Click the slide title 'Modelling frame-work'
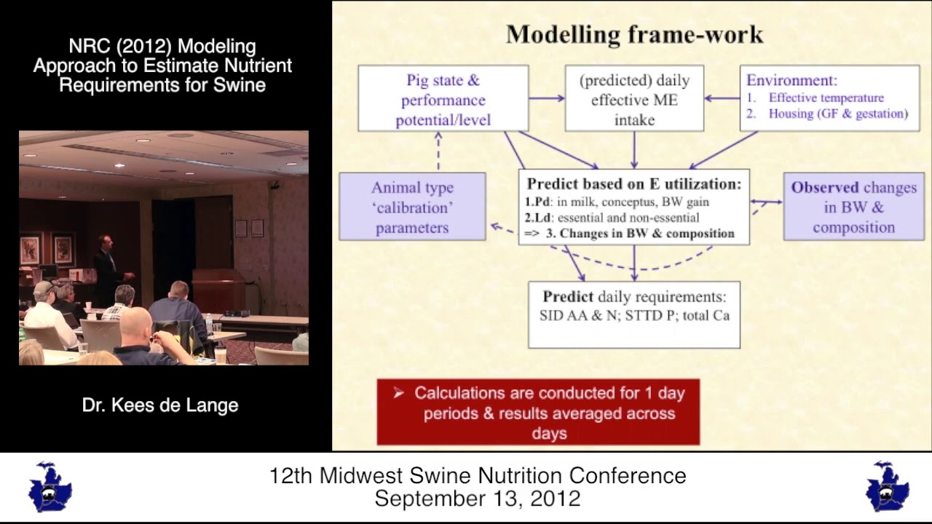pos(634,34)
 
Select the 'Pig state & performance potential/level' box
pos(443,100)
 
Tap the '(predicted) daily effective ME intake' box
pos(633,99)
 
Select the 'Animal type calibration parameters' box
pos(412,207)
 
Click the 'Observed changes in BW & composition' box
pos(853,207)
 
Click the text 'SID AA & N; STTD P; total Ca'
pos(633,315)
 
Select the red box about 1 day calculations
pos(538,413)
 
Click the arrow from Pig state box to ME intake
pos(547,98)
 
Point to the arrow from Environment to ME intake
pos(722,98)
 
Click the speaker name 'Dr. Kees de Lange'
pos(160,405)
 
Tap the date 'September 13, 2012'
pos(477,499)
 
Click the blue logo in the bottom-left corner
pos(50,487)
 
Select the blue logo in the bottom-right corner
pos(887,487)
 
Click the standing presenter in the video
pos(108,269)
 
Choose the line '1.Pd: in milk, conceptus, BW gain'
pos(617,202)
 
